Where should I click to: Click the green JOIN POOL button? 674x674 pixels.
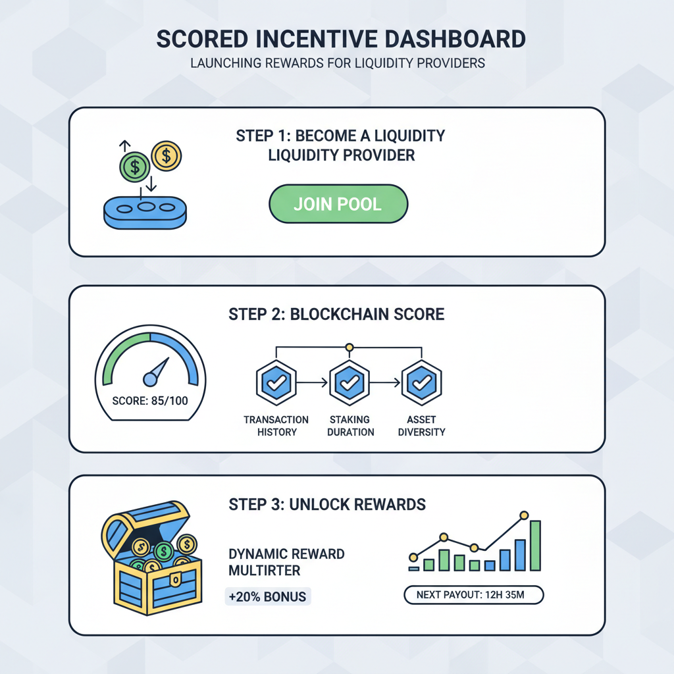coord(338,203)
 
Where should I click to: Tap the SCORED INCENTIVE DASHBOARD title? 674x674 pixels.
coord(341,39)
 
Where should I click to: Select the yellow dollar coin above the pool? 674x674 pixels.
coord(167,156)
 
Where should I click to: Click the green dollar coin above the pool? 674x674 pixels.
coord(135,166)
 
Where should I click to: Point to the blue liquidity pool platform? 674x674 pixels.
coord(145,213)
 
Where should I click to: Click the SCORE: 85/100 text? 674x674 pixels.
coord(150,400)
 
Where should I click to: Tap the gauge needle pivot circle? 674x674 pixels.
coord(150,378)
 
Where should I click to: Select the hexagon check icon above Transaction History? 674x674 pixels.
coord(276,382)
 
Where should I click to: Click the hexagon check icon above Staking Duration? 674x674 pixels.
coord(350,382)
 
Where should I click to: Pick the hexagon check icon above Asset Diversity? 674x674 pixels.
coord(421,382)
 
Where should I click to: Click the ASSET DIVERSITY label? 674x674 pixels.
coord(421,426)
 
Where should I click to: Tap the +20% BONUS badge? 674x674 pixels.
coord(267,596)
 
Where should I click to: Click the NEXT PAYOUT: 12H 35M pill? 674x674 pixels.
coord(474,595)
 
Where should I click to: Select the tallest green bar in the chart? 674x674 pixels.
coord(534,545)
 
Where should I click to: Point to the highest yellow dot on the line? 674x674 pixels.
coord(524,515)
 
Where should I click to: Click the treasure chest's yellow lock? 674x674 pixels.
coord(174,579)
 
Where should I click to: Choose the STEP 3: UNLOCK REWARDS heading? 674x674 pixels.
coord(327,505)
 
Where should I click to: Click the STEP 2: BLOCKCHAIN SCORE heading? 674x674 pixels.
coord(336,314)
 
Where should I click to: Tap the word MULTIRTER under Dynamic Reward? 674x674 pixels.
coord(265,569)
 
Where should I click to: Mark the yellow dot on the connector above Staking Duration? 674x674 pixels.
coord(350,347)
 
